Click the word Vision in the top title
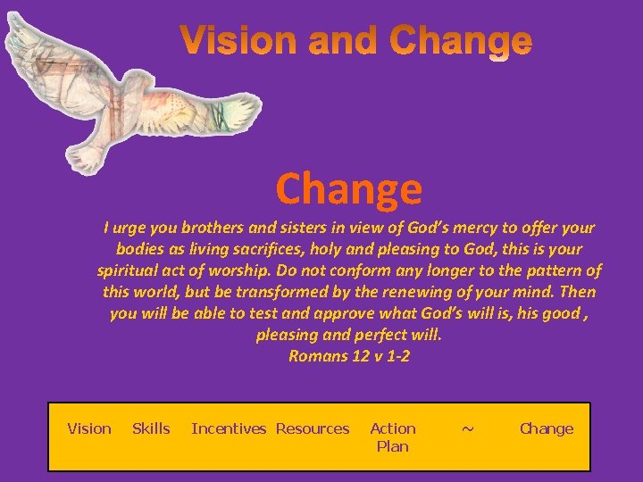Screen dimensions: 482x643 pos(233,40)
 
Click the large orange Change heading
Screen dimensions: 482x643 pos(348,188)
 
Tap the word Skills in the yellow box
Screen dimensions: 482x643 pos(151,428)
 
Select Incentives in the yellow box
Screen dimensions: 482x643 pos(229,428)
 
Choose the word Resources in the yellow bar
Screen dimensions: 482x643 pos(313,428)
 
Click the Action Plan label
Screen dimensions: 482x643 pos(393,437)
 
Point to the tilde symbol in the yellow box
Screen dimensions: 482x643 pos(467,428)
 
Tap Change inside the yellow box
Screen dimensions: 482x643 pos(547,428)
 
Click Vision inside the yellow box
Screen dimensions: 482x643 pos(89,428)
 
